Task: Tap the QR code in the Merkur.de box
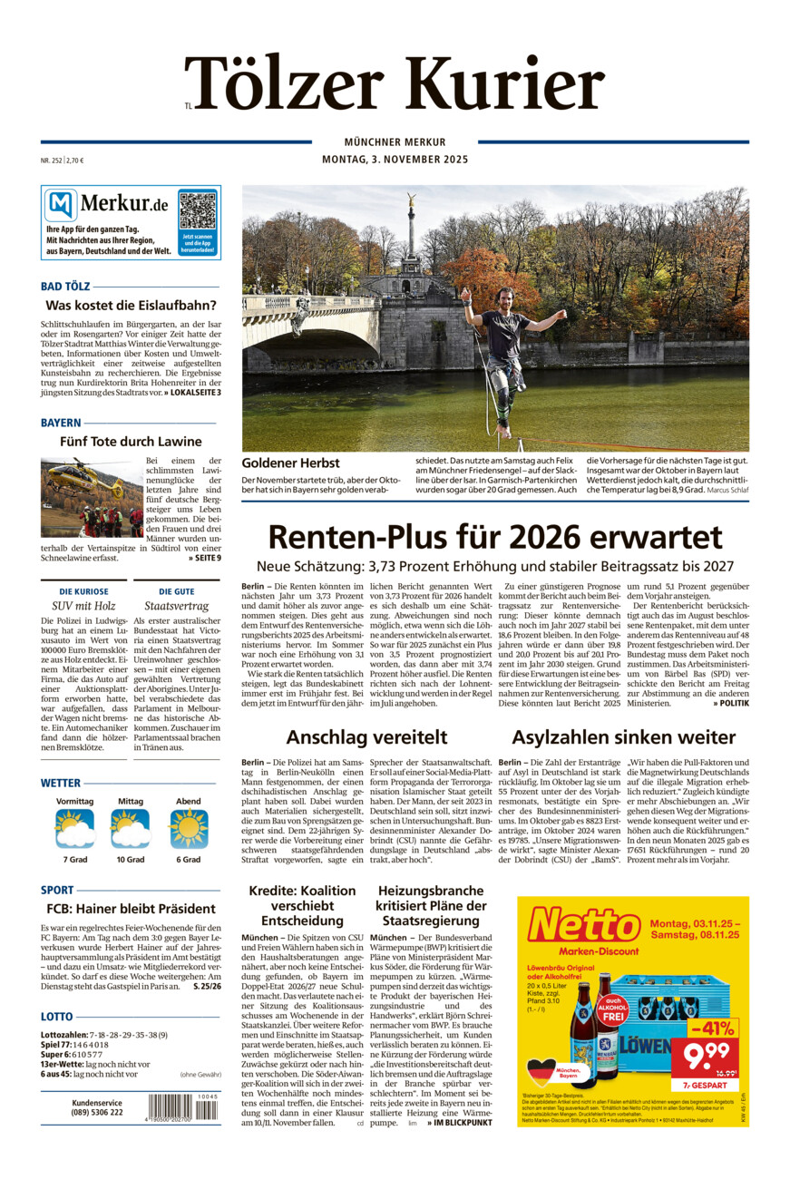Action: coord(198,210)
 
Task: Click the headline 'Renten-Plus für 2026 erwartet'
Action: coord(495,537)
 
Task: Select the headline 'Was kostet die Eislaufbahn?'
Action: coord(132,305)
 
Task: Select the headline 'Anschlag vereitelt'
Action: coord(366,736)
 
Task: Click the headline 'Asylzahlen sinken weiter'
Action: coord(623,736)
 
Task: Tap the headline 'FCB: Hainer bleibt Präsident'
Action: coord(131,908)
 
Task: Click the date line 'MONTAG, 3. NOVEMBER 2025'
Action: coord(395,161)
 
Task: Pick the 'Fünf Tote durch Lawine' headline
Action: coord(131,442)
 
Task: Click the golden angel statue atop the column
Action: coord(411,199)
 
